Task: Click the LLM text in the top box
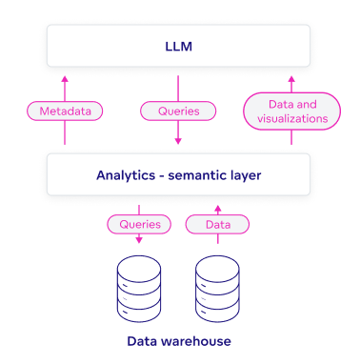click(x=179, y=45)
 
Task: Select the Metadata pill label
click(x=65, y=111)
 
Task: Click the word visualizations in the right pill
click(x=292, y=119)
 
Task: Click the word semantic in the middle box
click(x=203, y=175)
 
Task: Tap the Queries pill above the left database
click(x=140, y=225)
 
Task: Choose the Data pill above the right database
click(x=217, y=225)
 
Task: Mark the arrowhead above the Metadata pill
click(x=65, y=80)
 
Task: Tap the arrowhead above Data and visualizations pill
click(x=292, y=80)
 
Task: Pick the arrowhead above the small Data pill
click(x=217, y=206)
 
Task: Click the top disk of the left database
click(x=140, y=265)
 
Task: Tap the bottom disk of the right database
click(x=218, y=309)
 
